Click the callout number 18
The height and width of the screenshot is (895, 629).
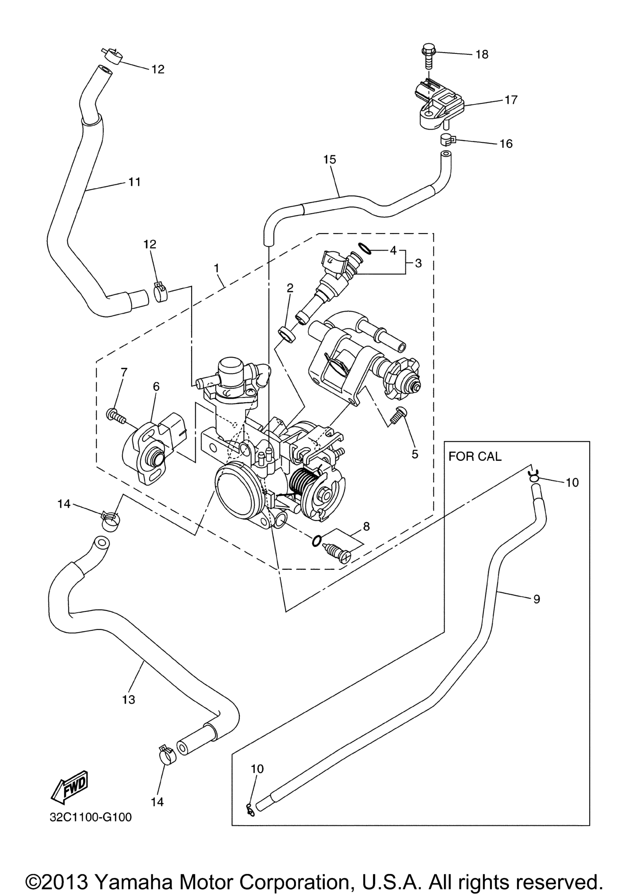coord(482,54)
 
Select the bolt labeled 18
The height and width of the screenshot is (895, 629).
coord(428,57)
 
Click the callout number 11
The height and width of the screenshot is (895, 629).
coord(135,182)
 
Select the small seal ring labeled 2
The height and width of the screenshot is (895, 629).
coord(287,335)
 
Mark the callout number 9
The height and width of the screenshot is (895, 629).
coord(537,599)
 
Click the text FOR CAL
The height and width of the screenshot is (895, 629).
coord(475,456)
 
